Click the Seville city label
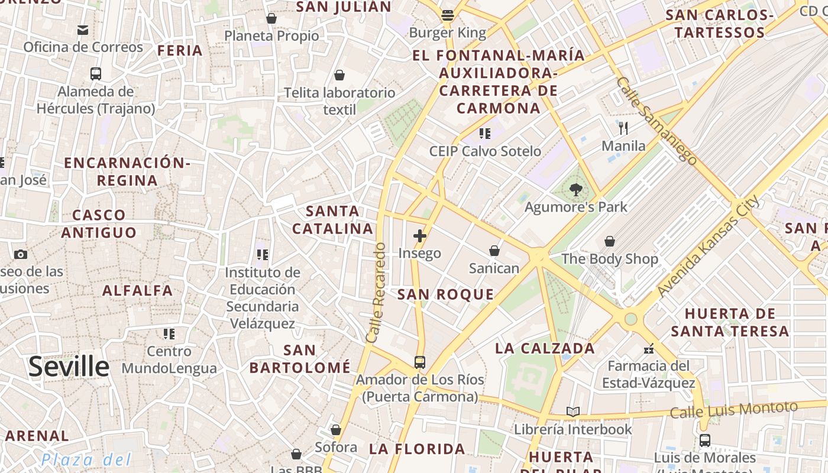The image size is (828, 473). [x=69, y=367]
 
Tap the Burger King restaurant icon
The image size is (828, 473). [x=448, y=15]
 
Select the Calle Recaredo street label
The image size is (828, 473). [x=377, y=293]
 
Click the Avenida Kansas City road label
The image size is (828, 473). [x=709, y=247]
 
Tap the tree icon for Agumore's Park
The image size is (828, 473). [x=575, y=190]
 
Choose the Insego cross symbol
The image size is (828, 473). [x=420, y=236]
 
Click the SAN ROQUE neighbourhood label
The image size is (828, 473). [x=445, y=294]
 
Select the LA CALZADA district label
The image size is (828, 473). [x=545, y=348]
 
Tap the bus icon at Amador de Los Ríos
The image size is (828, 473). [x=420, y=362]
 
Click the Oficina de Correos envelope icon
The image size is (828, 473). [x=83, y=30]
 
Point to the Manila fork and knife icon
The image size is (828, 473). [x=623, y=128]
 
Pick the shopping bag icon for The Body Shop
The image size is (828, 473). [x=609, y=241]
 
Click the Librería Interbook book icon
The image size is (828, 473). [x=573, y=412]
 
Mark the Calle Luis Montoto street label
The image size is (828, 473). [x=734, y=409]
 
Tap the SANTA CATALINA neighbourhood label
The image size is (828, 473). [x=333, y=219]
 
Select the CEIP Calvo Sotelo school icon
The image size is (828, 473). [x=485, y=134]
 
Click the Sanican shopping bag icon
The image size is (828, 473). [x=494, y=251]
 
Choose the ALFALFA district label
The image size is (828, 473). [x=138, y=290]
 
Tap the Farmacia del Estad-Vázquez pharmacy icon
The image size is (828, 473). [x=649, y=348]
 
